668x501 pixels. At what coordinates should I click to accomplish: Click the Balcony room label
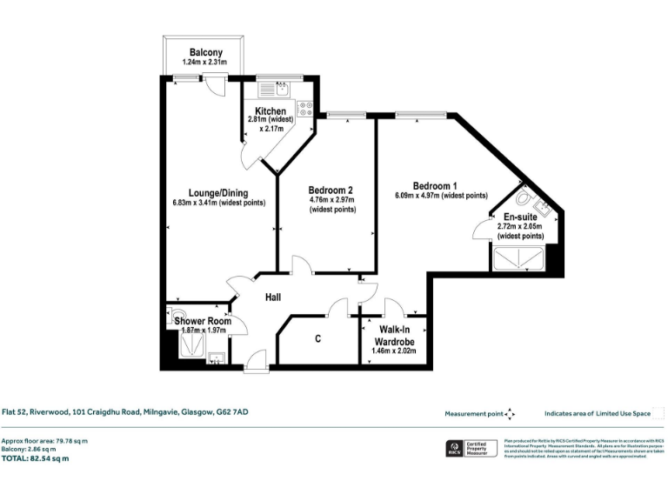tap(206, 52)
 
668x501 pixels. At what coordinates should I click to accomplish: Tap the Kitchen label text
tap(265, 110)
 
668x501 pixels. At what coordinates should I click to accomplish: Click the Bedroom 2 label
tap(331, 190)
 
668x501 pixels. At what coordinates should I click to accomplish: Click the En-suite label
tap(520, 217)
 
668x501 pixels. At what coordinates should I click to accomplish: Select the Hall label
tap(273, 297)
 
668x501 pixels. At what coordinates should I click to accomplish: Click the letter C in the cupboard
tap(318, 338)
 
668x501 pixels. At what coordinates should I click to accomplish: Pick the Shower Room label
tap(203, 321)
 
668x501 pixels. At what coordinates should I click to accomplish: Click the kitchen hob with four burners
tap(305, 109)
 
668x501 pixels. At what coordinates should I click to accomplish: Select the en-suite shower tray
tap(519, 259)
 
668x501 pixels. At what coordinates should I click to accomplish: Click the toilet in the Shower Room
tap(177, 316)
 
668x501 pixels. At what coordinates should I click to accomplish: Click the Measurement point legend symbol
tap(510, 414)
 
